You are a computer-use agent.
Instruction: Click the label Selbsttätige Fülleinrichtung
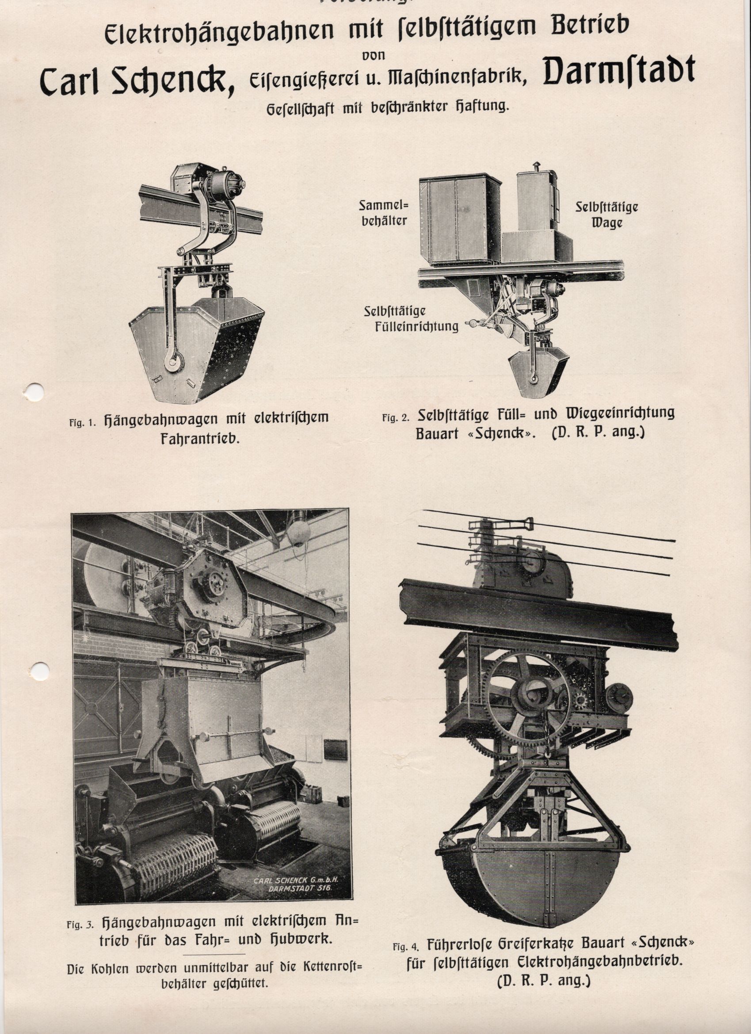click(x=414, y=319)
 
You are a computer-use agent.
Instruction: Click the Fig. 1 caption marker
click(x=83, y=422)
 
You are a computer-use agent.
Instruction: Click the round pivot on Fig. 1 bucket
click(x=174, y=362)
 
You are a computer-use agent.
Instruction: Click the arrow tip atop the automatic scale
click(x=536, y=164)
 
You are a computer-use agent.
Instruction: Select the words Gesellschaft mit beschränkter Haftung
click(x=387, y=108)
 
